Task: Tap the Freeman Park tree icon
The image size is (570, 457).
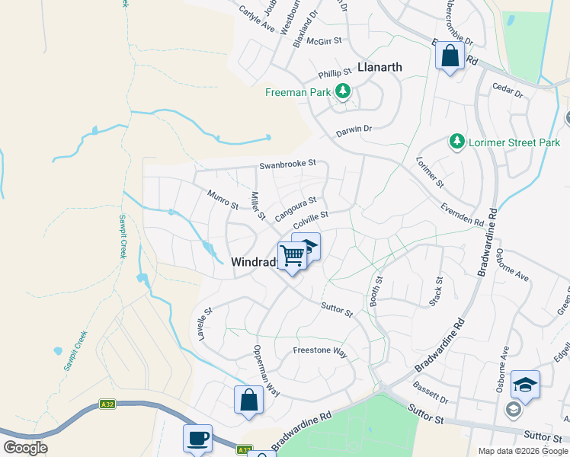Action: click(343, 92)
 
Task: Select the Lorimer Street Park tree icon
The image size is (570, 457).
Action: click(456, 142)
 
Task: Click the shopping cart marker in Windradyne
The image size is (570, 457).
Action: click(291, 256)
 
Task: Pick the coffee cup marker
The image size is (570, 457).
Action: click(197, 439)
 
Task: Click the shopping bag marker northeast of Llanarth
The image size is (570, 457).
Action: click(450, 56)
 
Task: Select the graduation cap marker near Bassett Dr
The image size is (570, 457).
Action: click(525, 385)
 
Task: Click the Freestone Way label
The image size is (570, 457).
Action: click(320, 353)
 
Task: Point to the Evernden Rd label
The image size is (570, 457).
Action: click(462, 214)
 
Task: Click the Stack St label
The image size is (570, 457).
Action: click(436, 292)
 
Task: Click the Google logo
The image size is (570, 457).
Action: click(25, 448)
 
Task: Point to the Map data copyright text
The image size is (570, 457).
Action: click(523, 451)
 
